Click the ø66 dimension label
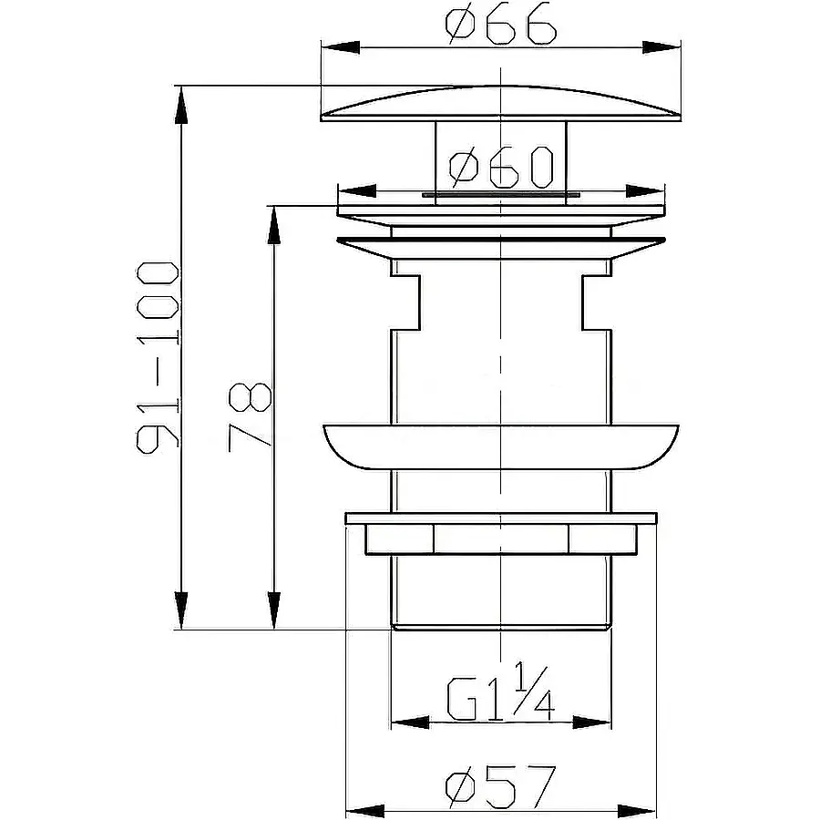click(x=501, y=25)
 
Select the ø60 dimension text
click(x=501, y=167)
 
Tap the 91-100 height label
click(x=158, y=358)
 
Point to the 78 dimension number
click(x=250, y=417)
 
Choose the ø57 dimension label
click(x=500, y=786)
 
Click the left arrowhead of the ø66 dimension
click(x=341, y=47)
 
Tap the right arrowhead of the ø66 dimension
click(x=661, y=47)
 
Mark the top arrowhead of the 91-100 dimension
click(x=181, y=105)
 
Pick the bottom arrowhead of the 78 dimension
click(x=273, y=610)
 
